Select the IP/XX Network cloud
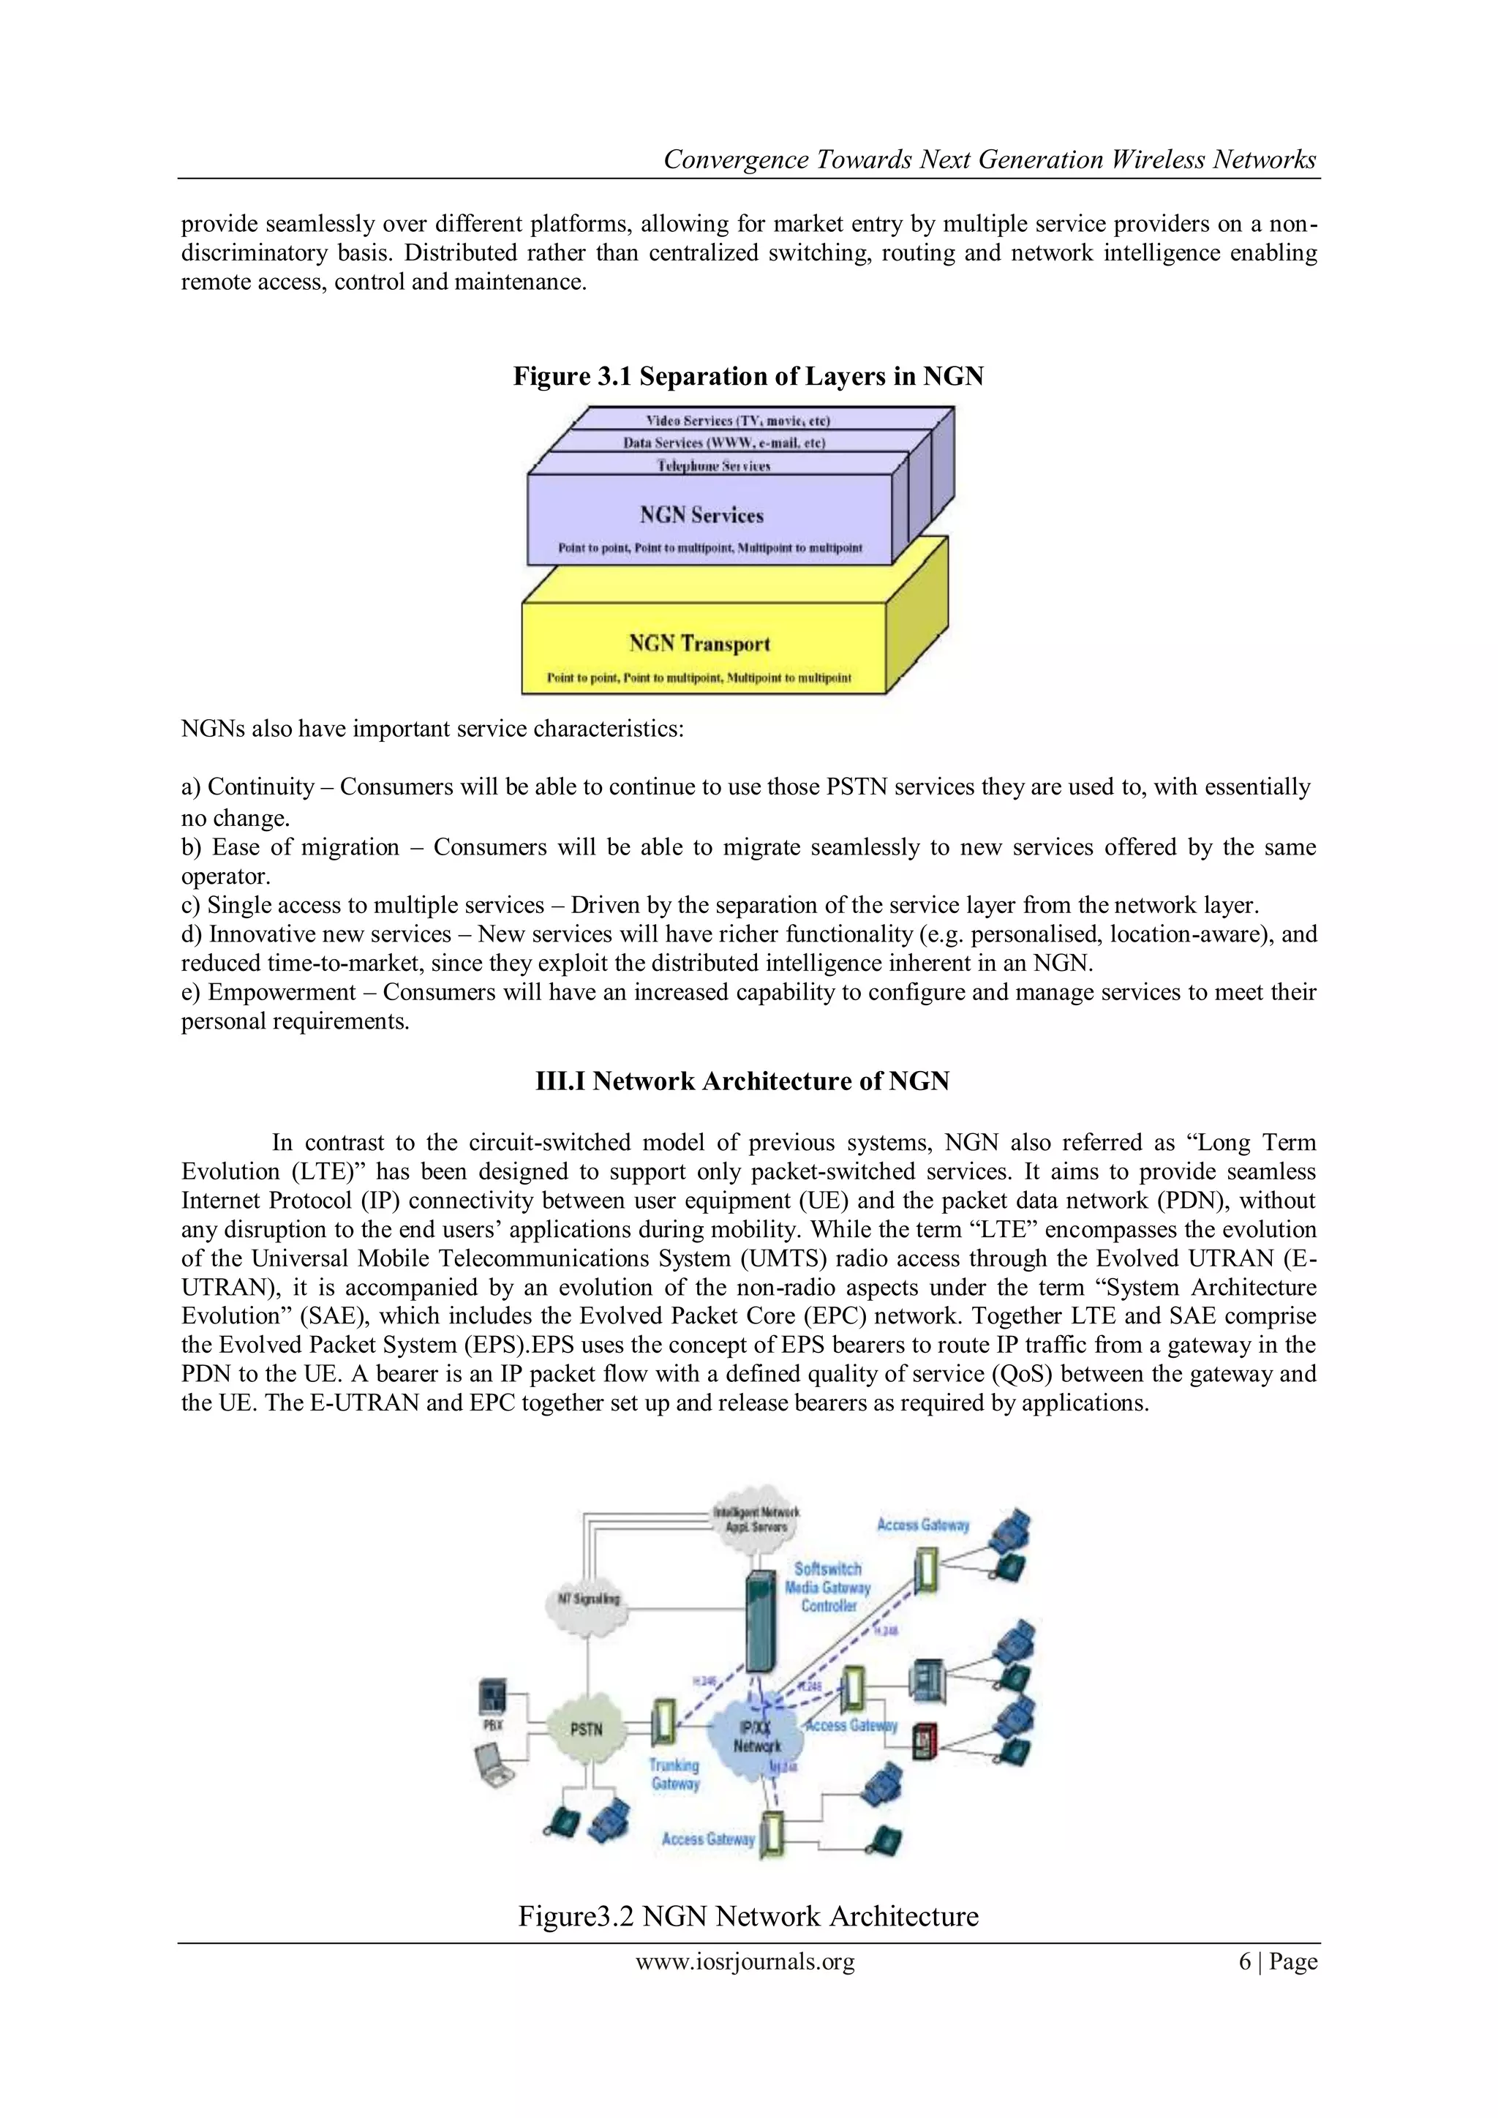pos(757,1738)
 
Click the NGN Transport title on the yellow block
pos(699,643)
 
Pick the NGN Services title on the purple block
pos(702,515)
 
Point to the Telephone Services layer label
pos(713,466)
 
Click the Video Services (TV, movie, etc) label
pos(738,421)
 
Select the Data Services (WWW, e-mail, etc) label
pos(724,443)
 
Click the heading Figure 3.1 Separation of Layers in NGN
pos(748,376)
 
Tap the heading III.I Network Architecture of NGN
pos(742,1081)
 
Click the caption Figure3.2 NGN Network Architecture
pos(748,1916)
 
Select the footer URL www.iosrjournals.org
pos(745,1961)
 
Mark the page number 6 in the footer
pos(1244,1961)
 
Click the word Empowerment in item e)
pos(282,993)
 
